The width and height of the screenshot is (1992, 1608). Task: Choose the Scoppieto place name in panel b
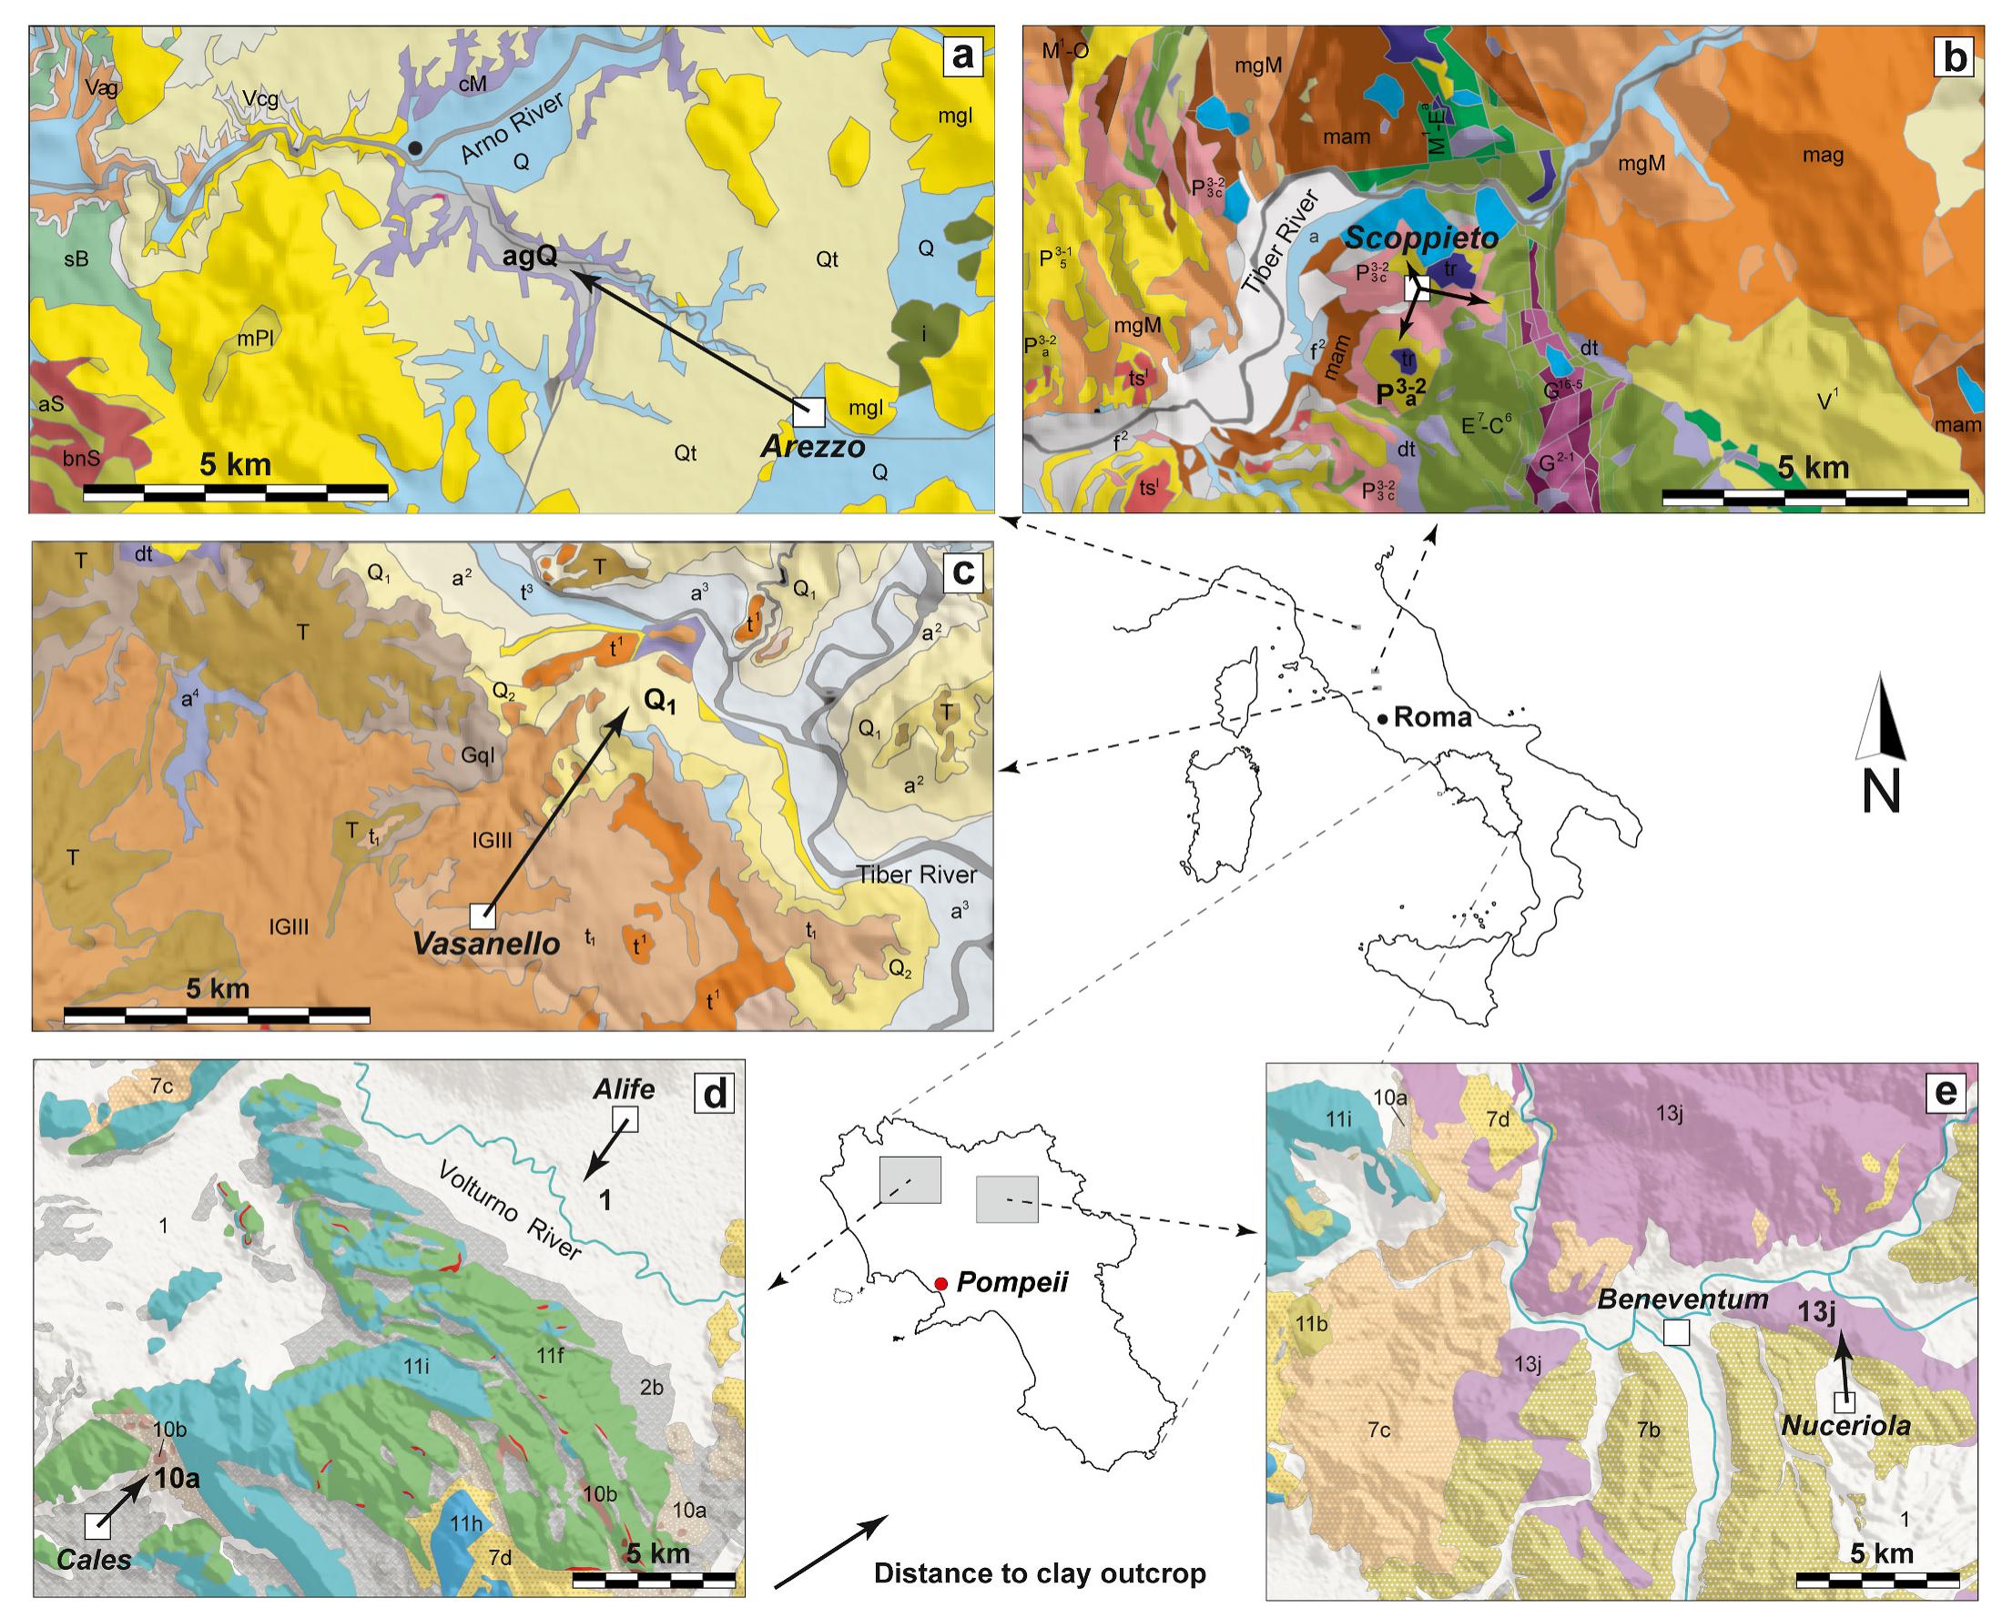click(x=1421, y=238)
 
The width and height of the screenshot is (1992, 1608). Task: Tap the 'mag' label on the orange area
click(x=1823, y=157)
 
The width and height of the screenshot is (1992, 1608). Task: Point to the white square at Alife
click(x=627, y=1120)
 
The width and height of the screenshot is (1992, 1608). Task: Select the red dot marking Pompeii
click(x=941, y=1283)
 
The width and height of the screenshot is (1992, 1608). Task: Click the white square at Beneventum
click(x=1675, y=1332)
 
